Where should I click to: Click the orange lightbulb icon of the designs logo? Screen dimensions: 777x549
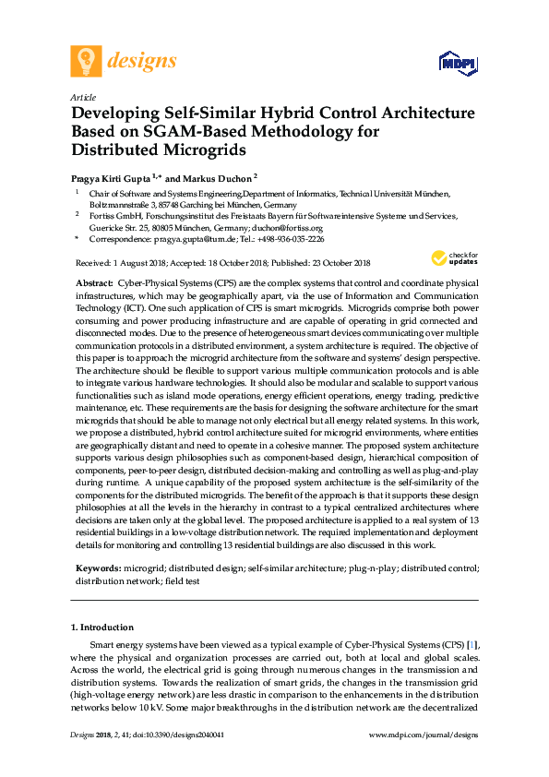coord(87,61)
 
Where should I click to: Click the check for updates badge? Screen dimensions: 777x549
coord(454,257)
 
